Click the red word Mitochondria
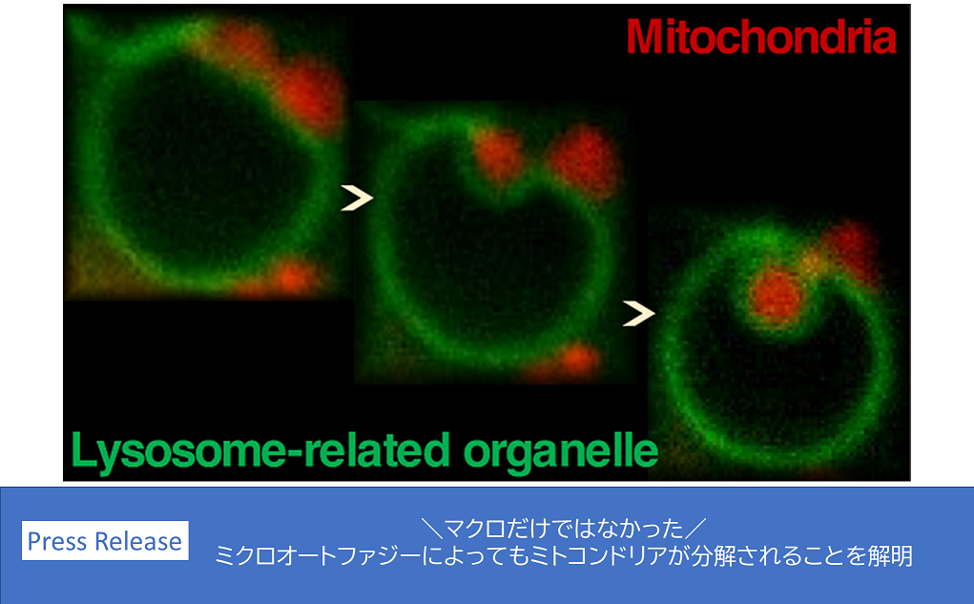point(761,36)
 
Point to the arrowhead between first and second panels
point(357,198)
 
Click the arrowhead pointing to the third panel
point(638,313)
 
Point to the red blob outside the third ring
point(851,247)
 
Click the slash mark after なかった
point(695,529)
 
